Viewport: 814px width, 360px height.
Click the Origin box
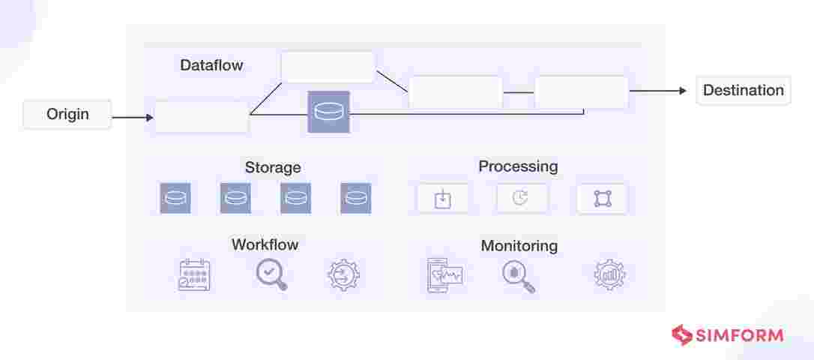coord(67,115)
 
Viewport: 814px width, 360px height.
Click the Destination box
coord(743,91)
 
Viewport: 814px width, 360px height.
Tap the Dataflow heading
coord(211,65)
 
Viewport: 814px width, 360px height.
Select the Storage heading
coord(273,167)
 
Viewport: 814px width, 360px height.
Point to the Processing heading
coord(518,166)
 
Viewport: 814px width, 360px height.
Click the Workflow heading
coord(265,244)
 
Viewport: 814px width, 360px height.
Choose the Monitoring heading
coord(519,245)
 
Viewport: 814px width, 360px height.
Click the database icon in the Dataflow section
coord(328,112)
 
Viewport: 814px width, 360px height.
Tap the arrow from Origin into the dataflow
coord(133,117)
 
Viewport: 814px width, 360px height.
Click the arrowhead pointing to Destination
coord(681,91)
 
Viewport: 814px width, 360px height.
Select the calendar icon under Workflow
coord(194,275)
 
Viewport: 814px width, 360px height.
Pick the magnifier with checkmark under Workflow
coord(271,274)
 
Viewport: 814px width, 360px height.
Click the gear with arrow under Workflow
coord(344,275)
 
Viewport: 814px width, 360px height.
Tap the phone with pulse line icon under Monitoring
coord(444,275)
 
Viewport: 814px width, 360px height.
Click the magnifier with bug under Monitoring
coord(518,276)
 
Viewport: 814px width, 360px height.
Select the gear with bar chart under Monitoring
coord(609,275)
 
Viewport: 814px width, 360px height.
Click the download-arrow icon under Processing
coord(443,199)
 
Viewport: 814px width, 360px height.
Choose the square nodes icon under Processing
coord(602,199)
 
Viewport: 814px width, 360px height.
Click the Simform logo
coord(727,335)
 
